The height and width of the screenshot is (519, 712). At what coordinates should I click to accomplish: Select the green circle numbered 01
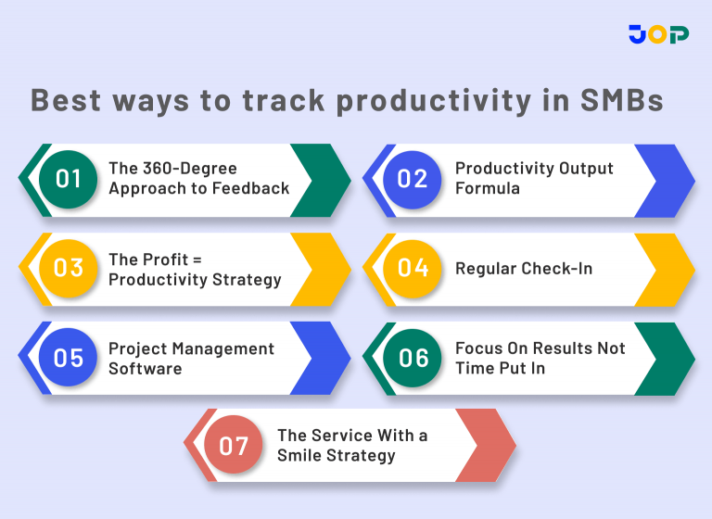tap(68, 179)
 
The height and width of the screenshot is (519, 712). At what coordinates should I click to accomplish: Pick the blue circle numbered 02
tap(413, 179)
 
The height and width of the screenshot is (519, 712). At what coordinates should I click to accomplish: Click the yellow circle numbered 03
tap(68, 269)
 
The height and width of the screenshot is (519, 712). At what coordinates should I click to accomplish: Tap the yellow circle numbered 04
tap(413, 269)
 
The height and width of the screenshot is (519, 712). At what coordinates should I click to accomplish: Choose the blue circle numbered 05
tap(68, 358)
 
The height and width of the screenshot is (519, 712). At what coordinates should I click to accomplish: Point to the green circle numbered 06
tap(413, 358)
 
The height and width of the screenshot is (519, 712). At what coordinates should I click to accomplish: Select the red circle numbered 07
tap(234, 446)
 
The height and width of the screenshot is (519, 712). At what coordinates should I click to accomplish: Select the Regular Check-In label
tap(523, 269)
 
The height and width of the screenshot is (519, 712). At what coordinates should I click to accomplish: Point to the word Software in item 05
tap(145, 368)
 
